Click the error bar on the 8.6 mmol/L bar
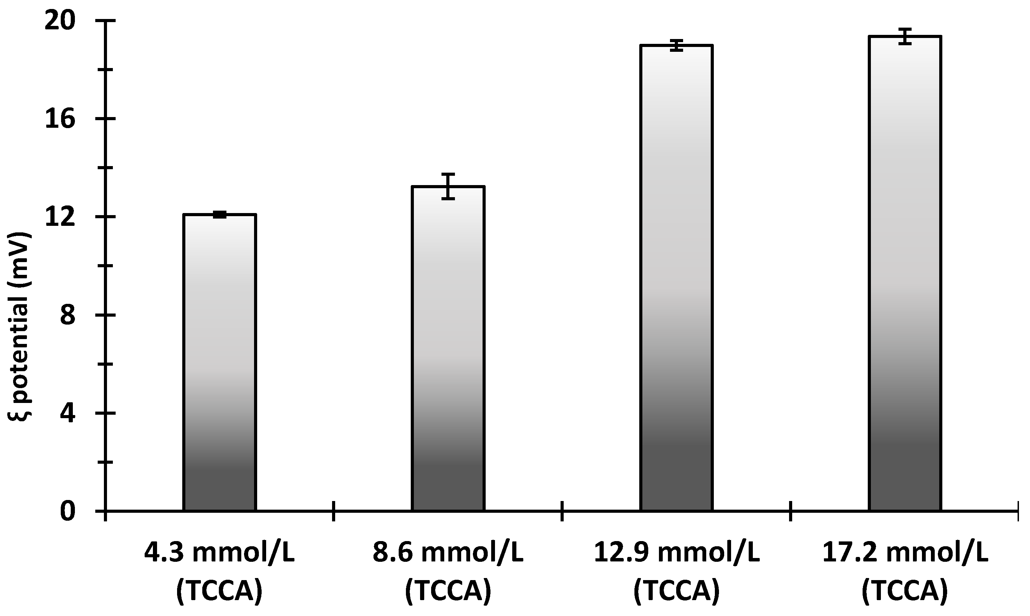(448, 186)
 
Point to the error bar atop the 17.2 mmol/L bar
(905, 37)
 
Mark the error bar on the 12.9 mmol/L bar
(677, 45)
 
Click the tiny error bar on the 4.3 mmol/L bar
(220, 215)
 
